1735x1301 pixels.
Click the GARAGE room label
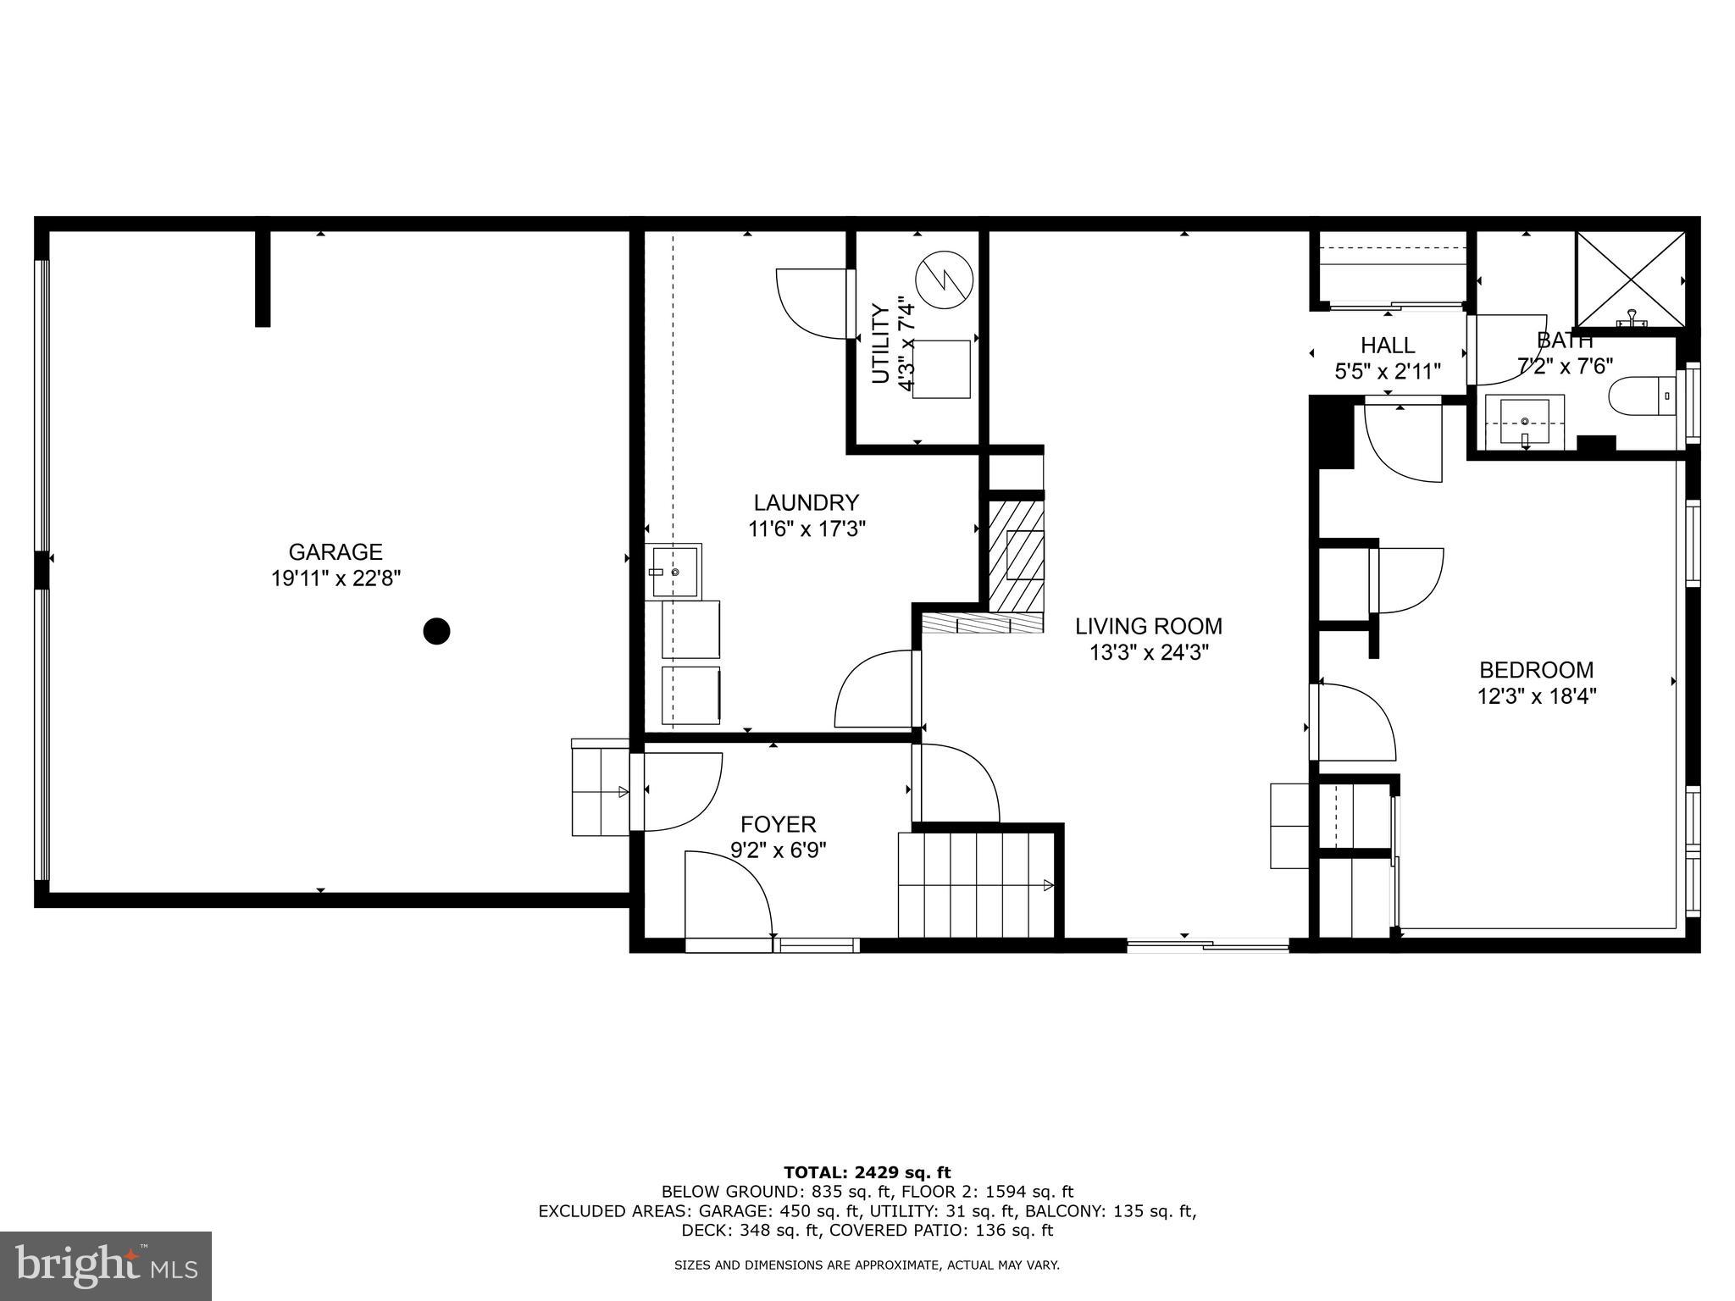coord(335,552)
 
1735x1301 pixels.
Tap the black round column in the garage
coord(436,631)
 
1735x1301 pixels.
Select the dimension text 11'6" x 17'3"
coord(807,529)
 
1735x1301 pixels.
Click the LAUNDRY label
coord(807,503)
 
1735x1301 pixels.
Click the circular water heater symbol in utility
coord(944,280)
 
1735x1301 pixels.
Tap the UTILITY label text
coord(881,344)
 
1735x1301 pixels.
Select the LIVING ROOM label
coord(1149,627)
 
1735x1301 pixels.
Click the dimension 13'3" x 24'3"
coord(1149,653)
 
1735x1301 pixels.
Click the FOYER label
coord(779,824)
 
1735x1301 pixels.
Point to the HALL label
coord(1388,346)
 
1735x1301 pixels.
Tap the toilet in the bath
coord(1640,396)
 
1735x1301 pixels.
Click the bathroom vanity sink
coord(1524,421)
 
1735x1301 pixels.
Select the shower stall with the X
coord(1630,279)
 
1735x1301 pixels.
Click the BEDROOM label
coord(1536,670)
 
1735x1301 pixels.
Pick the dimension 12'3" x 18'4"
coord(1536,697)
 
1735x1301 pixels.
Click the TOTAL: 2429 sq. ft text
coord(867,1173)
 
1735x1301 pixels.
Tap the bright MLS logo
coord(106,1265)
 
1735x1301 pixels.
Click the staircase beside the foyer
coord(974,884)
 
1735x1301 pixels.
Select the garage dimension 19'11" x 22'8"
coord(335,579)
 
